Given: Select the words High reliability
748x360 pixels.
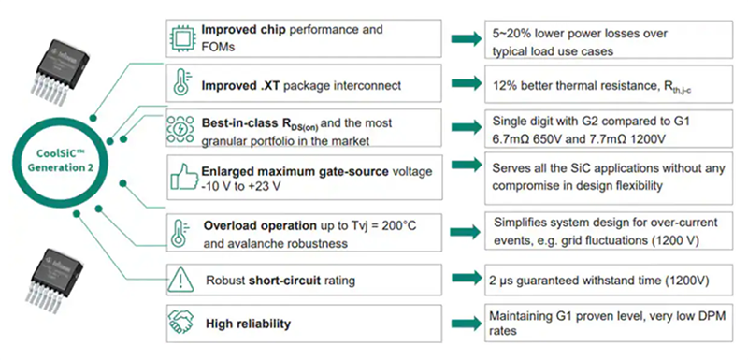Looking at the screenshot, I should (x=249, y=324).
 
